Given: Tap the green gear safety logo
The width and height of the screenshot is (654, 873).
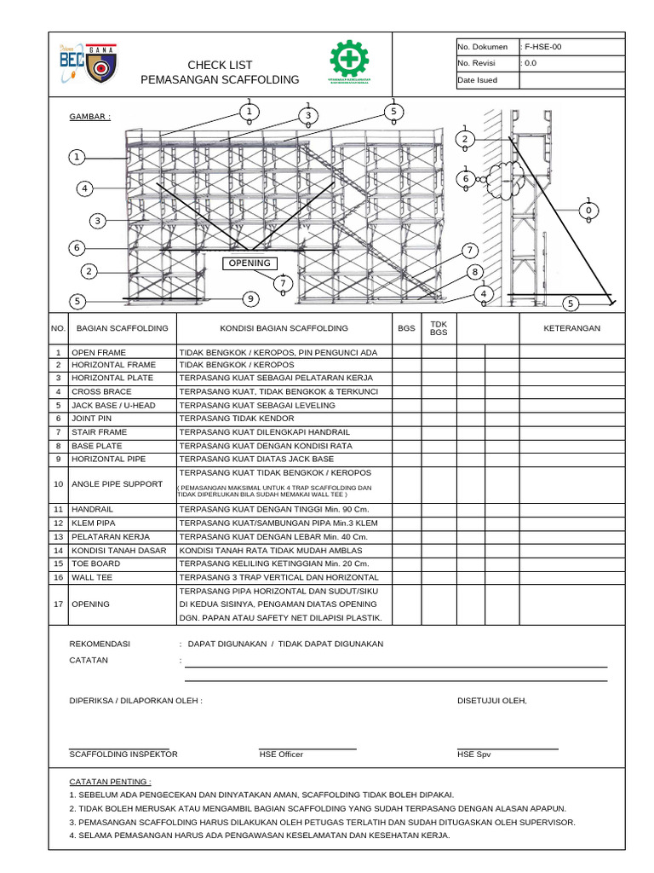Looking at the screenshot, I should coord(348,63).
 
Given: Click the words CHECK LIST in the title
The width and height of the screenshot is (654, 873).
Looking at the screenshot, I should coord(220,66).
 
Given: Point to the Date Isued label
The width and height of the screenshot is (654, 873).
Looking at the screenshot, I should coord(477,80).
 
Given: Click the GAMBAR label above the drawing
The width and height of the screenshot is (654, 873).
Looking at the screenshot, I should coord(89,116).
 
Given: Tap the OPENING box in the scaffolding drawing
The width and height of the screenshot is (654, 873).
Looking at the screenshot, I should coord(249,263).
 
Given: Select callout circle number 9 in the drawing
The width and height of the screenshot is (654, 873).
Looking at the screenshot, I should coord(250,298).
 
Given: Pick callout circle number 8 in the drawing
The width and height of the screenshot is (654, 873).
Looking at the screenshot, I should coord(474,272).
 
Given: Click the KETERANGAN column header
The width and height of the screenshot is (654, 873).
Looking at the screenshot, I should coord(571,328).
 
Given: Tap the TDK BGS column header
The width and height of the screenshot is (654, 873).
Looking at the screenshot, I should coord(439,328).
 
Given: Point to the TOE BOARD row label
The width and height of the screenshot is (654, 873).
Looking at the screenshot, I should coord(95,564).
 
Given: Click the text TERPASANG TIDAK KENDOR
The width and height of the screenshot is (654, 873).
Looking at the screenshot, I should coord(237,419).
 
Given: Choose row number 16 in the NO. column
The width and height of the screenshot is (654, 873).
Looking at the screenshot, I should coord(58,577).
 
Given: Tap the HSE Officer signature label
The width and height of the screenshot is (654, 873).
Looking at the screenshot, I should coord(281,754).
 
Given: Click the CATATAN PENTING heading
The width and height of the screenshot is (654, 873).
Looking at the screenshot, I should coord(110,781).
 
